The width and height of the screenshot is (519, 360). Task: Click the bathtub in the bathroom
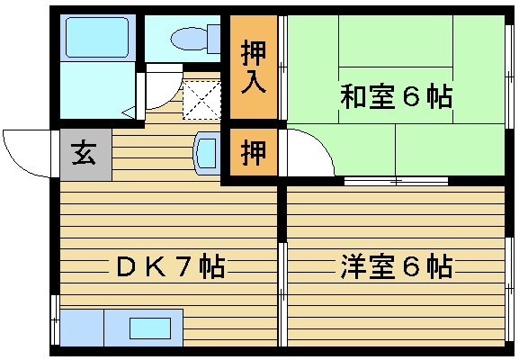97,38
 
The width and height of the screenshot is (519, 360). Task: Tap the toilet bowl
189,39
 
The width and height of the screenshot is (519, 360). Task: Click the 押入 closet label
254,67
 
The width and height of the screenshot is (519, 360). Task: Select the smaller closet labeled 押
254,152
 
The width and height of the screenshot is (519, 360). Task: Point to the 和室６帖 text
396,96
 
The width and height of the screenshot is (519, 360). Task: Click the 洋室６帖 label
397,266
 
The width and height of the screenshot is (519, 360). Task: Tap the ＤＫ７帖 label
171,265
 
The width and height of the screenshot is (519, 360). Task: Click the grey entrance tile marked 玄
86,155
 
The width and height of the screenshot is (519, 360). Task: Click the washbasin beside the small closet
207,153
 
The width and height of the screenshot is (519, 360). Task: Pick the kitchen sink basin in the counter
150,328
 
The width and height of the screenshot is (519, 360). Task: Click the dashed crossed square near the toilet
201,100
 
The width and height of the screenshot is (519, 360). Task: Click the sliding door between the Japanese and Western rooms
396,181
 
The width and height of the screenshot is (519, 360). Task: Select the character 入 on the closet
254,82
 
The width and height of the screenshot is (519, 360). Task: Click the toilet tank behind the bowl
214,39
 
